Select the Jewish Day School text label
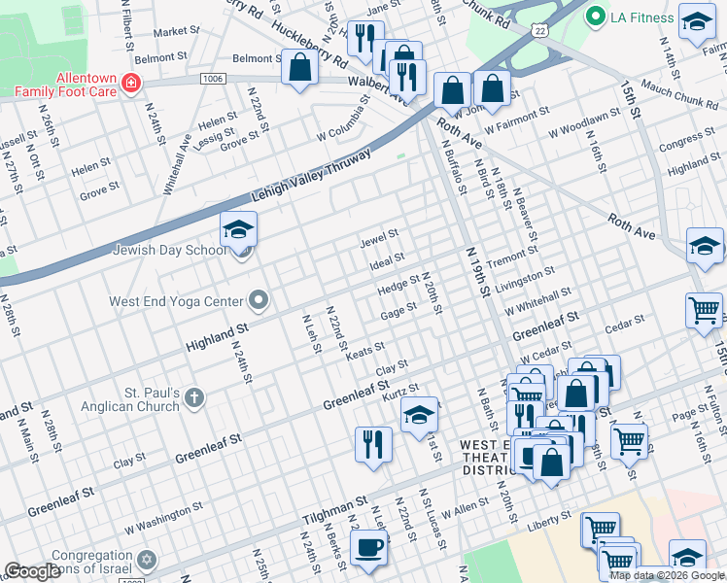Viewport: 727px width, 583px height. (169, 250)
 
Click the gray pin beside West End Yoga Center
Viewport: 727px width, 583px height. (259, 300)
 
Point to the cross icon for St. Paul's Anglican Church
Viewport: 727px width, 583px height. (194, 397)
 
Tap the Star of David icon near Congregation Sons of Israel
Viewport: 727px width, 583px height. (148, 561)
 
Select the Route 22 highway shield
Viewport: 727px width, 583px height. (539, 31)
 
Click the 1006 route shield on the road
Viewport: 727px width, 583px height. (214, 78)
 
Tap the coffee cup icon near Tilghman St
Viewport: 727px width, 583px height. (368, 547)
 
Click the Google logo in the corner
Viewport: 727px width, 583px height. (32, 571)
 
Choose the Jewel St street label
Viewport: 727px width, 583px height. (379, 235)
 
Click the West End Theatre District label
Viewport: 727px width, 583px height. (484, 456)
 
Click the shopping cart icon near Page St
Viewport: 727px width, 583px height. (629, 440)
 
